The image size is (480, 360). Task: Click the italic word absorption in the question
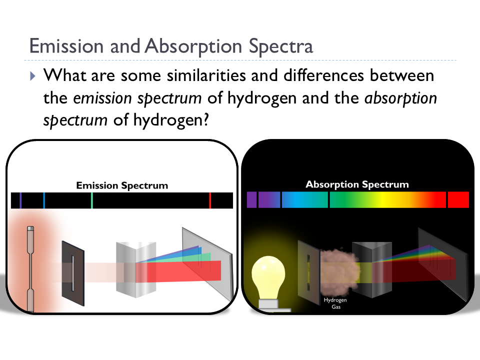(401, 97)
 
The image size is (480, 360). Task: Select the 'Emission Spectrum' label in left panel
(122, 185)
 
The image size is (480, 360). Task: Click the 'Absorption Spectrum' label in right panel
(357, 184)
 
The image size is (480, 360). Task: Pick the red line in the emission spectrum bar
(210, 200)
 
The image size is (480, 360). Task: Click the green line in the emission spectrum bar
(92, 200)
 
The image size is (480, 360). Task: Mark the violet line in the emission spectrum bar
(20, 200)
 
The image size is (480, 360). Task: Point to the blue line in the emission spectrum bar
(44, 200)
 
